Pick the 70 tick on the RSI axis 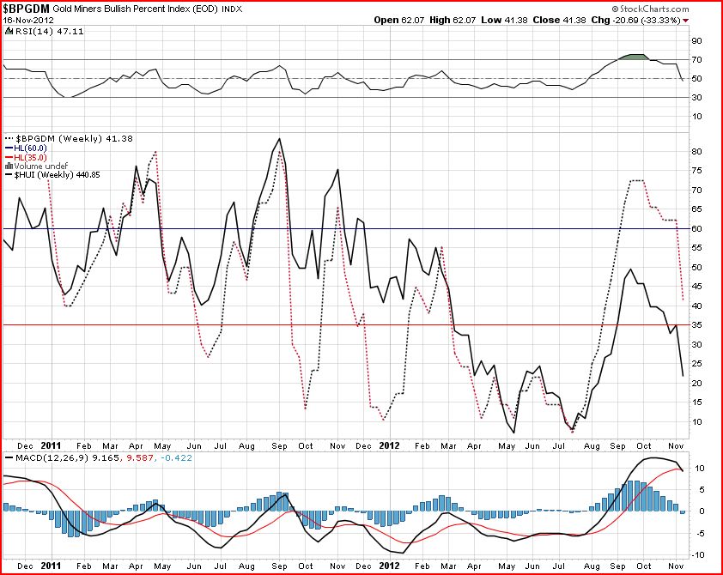(696, 59)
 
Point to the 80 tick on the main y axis (696, 151)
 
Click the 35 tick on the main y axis (696, 325)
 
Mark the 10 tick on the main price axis (696, 421)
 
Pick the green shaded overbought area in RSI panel (634, 57)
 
